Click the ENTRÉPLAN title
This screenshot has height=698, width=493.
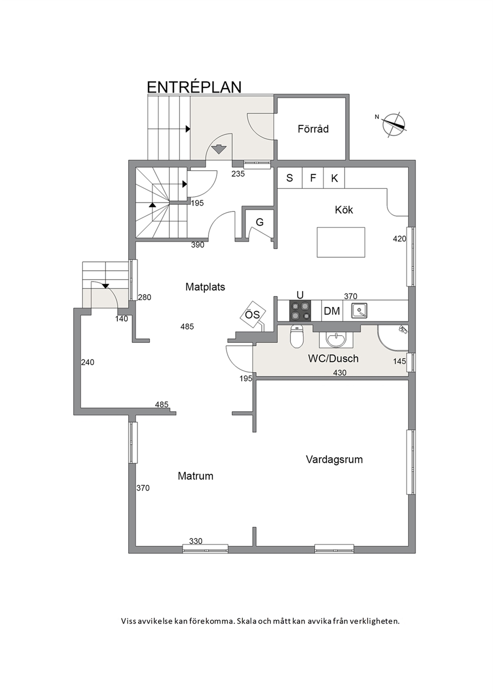(x=194, y=87)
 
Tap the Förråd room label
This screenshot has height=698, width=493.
(x=313, y=129)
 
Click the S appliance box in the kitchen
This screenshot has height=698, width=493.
(x=290, y=178)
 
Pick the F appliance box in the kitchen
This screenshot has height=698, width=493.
(x=313, y=178)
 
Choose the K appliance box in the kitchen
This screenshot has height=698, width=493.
(x=334, y=178)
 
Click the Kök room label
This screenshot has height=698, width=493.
(x=344, y=210)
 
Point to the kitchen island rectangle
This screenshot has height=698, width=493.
(x=341, y=242)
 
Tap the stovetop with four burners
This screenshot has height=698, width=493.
(x=300, y=310)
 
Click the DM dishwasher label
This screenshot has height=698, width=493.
(x=332, y=310)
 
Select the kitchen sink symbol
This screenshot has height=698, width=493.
(x=359, y=310)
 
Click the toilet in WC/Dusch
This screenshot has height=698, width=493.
(x=297, y=336)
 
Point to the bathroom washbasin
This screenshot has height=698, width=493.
(x=336, y=339)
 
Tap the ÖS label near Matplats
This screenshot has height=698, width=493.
(x=252, y=314)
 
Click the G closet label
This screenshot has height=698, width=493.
(x=259, y=222)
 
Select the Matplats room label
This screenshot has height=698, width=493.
(x=205, y=287)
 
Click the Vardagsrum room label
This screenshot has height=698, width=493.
(x=334, y=460)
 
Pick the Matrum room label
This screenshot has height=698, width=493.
(x=195, y=476)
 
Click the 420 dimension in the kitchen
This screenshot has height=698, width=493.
(x=400, y=239)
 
